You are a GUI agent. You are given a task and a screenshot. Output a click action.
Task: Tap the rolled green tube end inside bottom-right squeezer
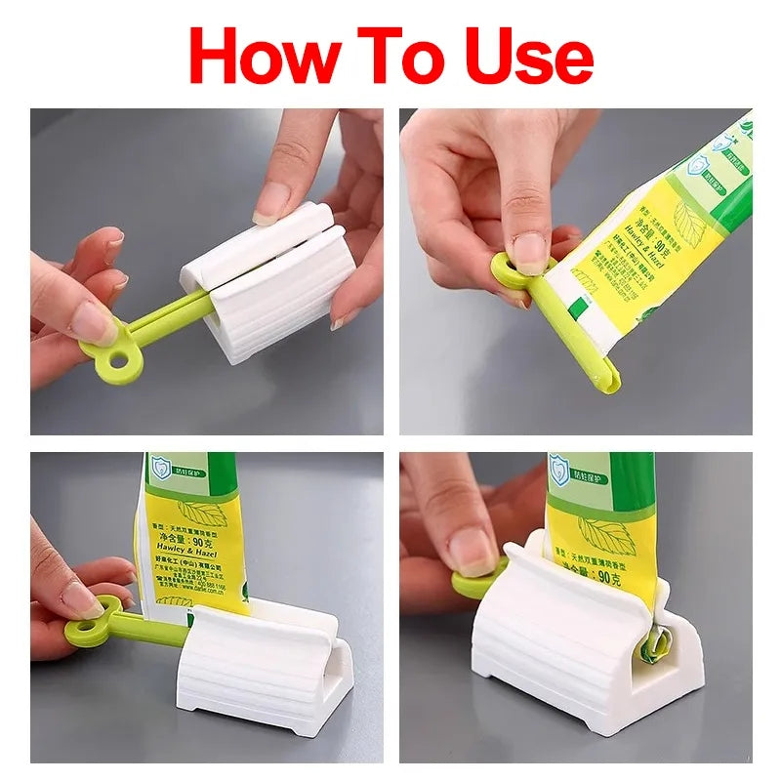pos(652,649)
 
